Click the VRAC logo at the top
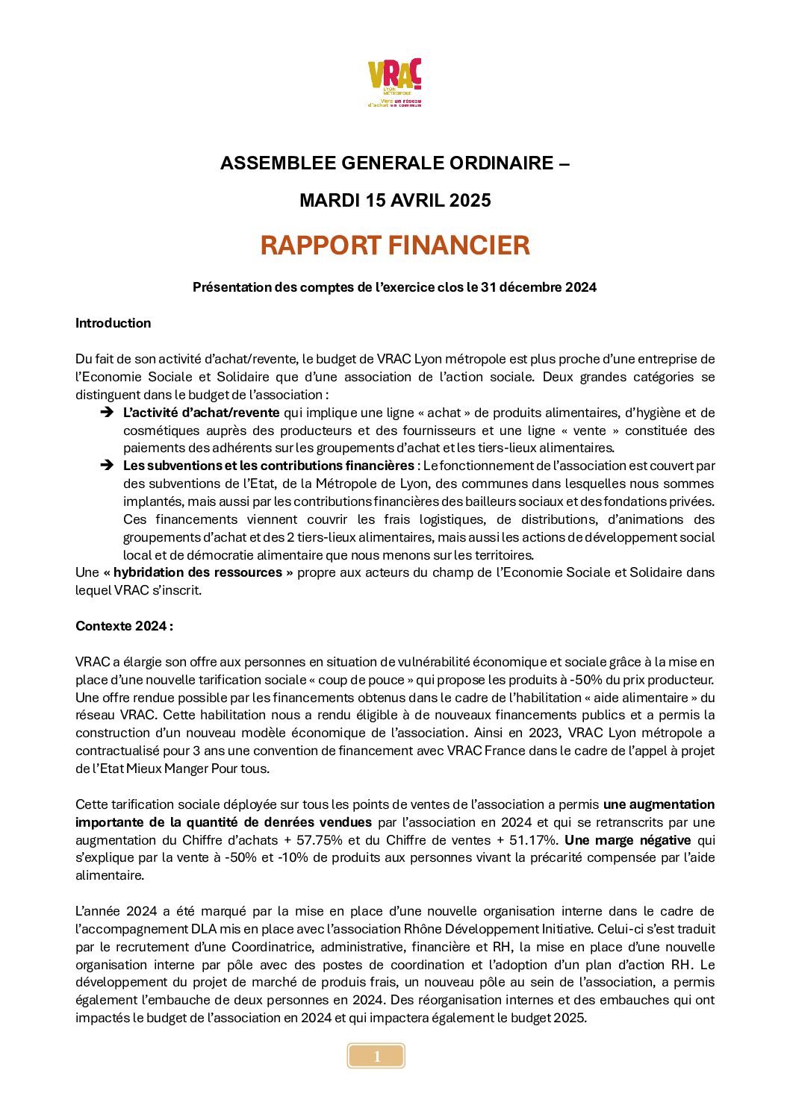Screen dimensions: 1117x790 [x=395, y=82]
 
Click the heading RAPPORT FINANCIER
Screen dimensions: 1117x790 [x=395, y=245]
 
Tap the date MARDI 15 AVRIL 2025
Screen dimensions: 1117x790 [x=395, y=201]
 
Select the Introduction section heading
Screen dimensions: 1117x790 [x=113, y=323]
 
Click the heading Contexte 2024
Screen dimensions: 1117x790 [x=124, y=626]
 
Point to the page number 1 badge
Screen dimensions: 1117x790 [x=376, y=1056]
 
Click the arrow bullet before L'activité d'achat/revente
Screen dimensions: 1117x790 [x=107, y=413]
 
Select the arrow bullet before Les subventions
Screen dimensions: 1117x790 [x=107, y=466]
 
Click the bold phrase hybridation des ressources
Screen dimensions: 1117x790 [x=198, y=572]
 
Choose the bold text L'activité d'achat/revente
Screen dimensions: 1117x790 [x=202, y=413]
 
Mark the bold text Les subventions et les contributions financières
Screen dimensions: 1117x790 [x=269, y=466]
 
